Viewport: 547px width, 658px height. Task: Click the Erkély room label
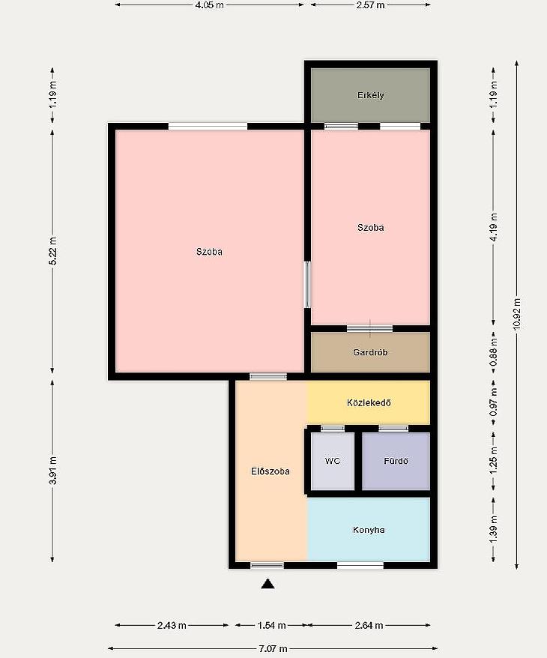[x=370, y=95]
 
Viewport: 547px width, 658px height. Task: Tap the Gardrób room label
[x=370, y=352]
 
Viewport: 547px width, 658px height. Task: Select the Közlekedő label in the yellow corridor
[x=369, y=402]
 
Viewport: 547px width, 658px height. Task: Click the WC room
[x=333, y=461]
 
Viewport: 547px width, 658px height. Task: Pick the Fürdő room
[x=396, y=461]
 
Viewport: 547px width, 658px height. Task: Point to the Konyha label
[x=369, y=530]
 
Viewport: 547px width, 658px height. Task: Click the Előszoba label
[x=271, y=471]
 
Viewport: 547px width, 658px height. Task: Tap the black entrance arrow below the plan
[x=268, y=584]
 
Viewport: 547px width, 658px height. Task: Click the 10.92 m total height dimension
[x=517, y=314]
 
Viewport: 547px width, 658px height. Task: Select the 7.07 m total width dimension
[x=273, y=648]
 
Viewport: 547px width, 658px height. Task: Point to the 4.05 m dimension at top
[x=209, y=5]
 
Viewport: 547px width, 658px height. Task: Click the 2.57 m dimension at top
[x=370, y=5]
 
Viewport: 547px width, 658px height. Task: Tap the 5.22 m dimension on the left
[x=52, y=251]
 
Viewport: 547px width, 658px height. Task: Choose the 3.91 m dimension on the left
[x=52, y=471]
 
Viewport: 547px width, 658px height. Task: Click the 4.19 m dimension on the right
[x=494, y=227]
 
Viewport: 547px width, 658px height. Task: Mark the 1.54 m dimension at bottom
[x=271, y=625]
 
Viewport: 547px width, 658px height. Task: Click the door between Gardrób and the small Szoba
[x=369, y=328]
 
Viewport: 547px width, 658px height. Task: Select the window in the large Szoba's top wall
[x=208, y=127]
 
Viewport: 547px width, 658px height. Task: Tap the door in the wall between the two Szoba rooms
[x=307, y=285]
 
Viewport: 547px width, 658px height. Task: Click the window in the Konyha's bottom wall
[x=360, y=565]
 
